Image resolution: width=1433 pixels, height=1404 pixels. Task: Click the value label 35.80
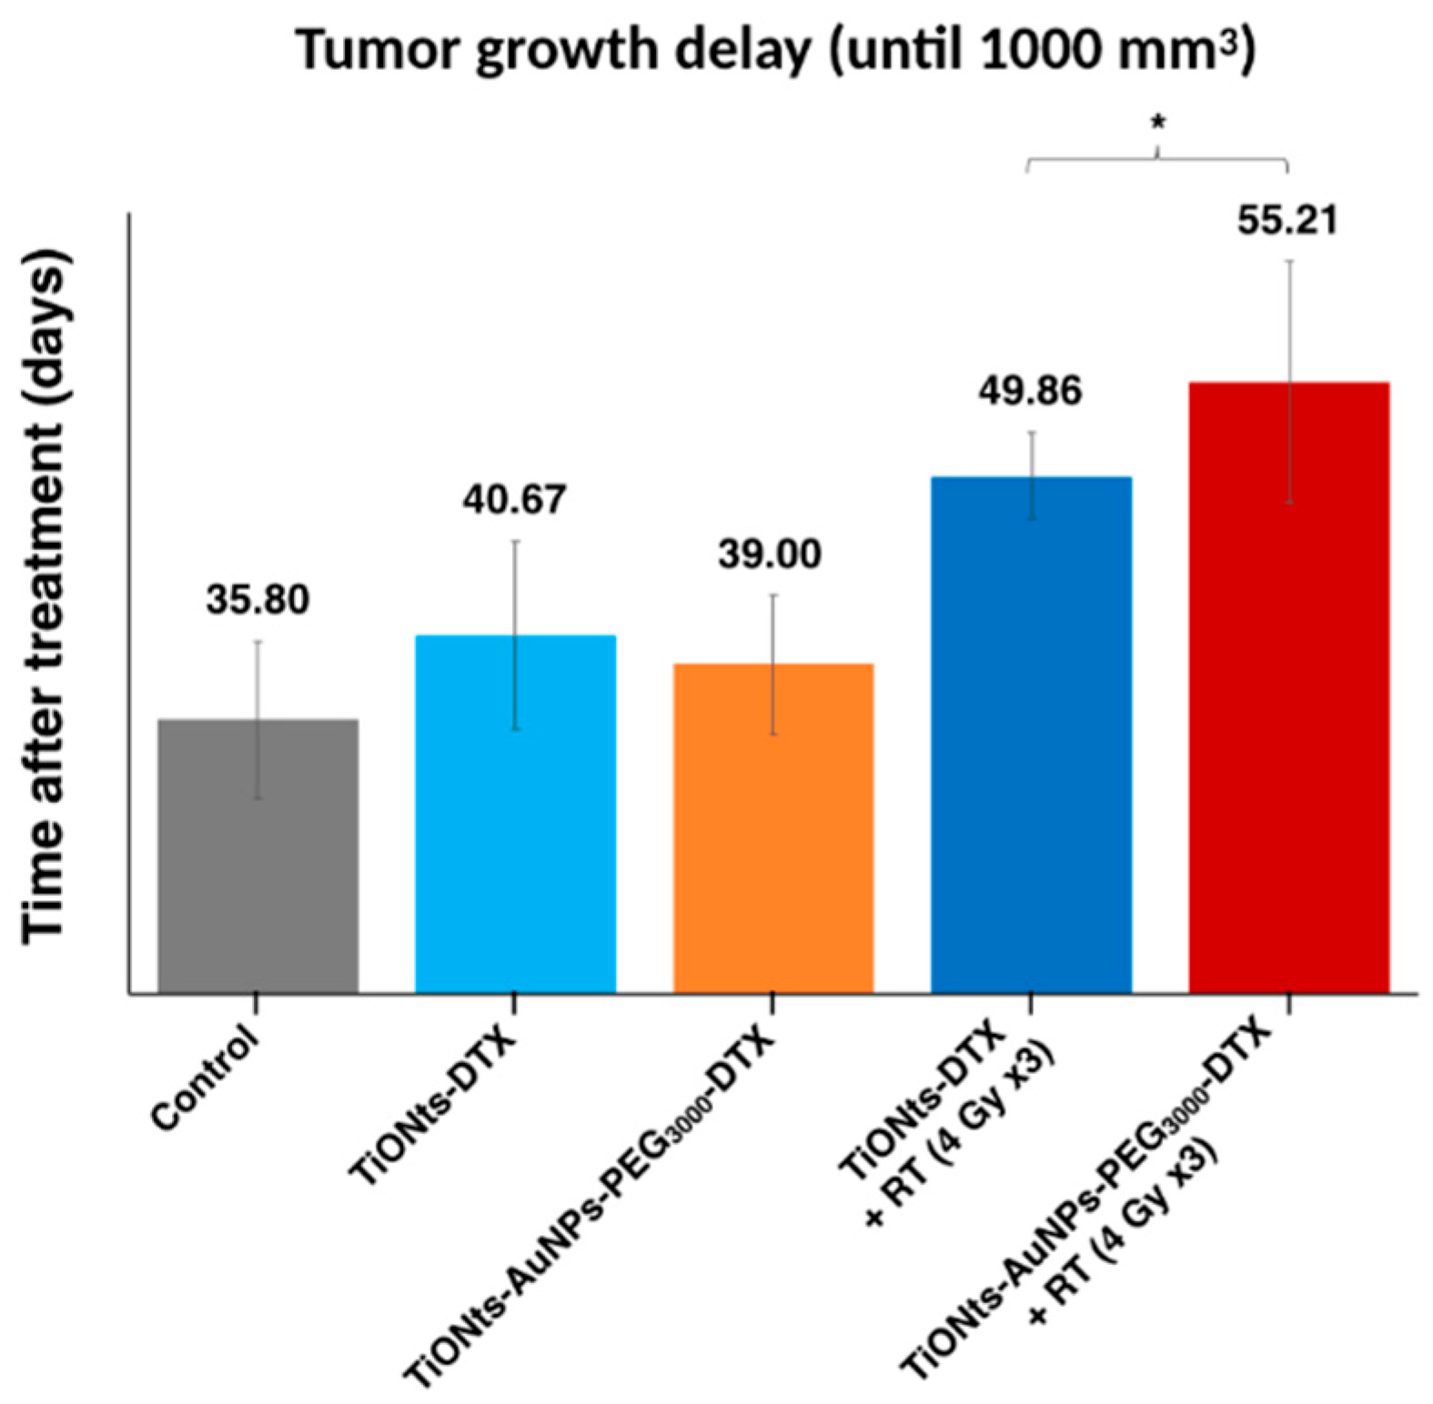point(257,600)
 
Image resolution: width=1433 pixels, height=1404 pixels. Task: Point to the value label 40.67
point(514,500)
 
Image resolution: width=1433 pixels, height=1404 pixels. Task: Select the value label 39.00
point(770,555)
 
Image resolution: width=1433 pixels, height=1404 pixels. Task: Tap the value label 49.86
point(1030,392)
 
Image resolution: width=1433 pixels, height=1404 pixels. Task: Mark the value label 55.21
point(1287,221)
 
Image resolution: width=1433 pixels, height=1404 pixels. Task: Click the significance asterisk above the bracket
point(1157,124)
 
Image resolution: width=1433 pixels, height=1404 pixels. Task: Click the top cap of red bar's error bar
point(1289,262)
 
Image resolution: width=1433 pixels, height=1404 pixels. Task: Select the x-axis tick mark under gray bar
point(257,1004)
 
